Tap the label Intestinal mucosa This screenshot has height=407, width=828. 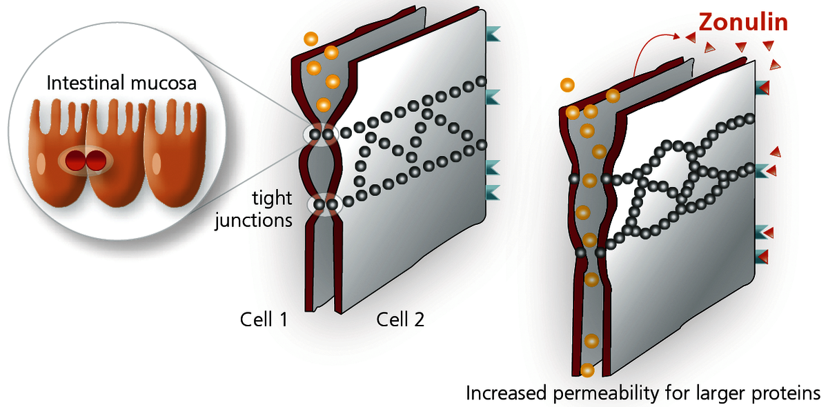click(121, 84)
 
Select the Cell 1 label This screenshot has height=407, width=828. click(263, 319)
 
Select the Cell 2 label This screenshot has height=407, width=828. click(400, 319)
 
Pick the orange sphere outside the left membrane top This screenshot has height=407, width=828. click(311, 39)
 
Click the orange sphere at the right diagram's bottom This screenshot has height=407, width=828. click(587, 370)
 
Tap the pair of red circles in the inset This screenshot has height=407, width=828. click(82, 162)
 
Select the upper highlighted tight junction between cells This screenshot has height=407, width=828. click(322, 134)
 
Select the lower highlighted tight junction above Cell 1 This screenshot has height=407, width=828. click(325, 204)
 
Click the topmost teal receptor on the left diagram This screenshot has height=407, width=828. click(494, 32)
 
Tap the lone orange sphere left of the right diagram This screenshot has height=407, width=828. click(567, 85)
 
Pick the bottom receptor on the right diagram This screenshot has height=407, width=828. click(762, 256)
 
